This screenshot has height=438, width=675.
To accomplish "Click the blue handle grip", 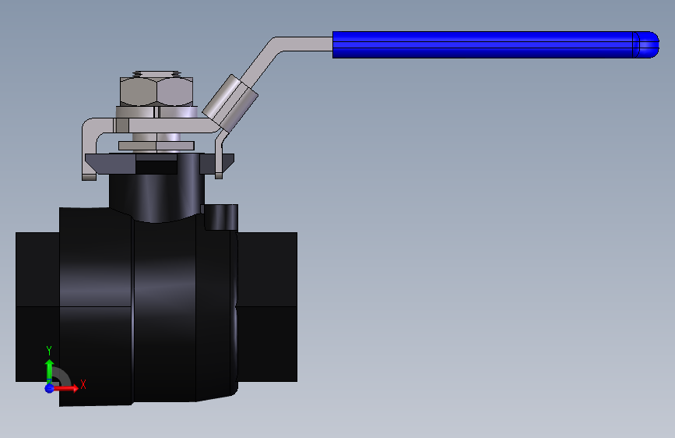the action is [x=495, y=44].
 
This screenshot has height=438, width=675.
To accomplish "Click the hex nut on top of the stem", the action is [x=156, y=91].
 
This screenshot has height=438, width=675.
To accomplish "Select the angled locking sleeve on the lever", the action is [x=230, y=104].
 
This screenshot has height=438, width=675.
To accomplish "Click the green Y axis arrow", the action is [x=49, y=370].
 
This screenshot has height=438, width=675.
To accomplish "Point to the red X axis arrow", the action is [x=65, y=388].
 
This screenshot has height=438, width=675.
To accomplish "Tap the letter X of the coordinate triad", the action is [x=83, y=384].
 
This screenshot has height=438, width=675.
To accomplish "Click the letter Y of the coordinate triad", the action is [x=49, y=351].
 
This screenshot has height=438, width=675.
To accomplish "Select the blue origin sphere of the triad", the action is [x=50, y=388].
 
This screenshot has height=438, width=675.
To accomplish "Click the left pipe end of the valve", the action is [x=37, y=307].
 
